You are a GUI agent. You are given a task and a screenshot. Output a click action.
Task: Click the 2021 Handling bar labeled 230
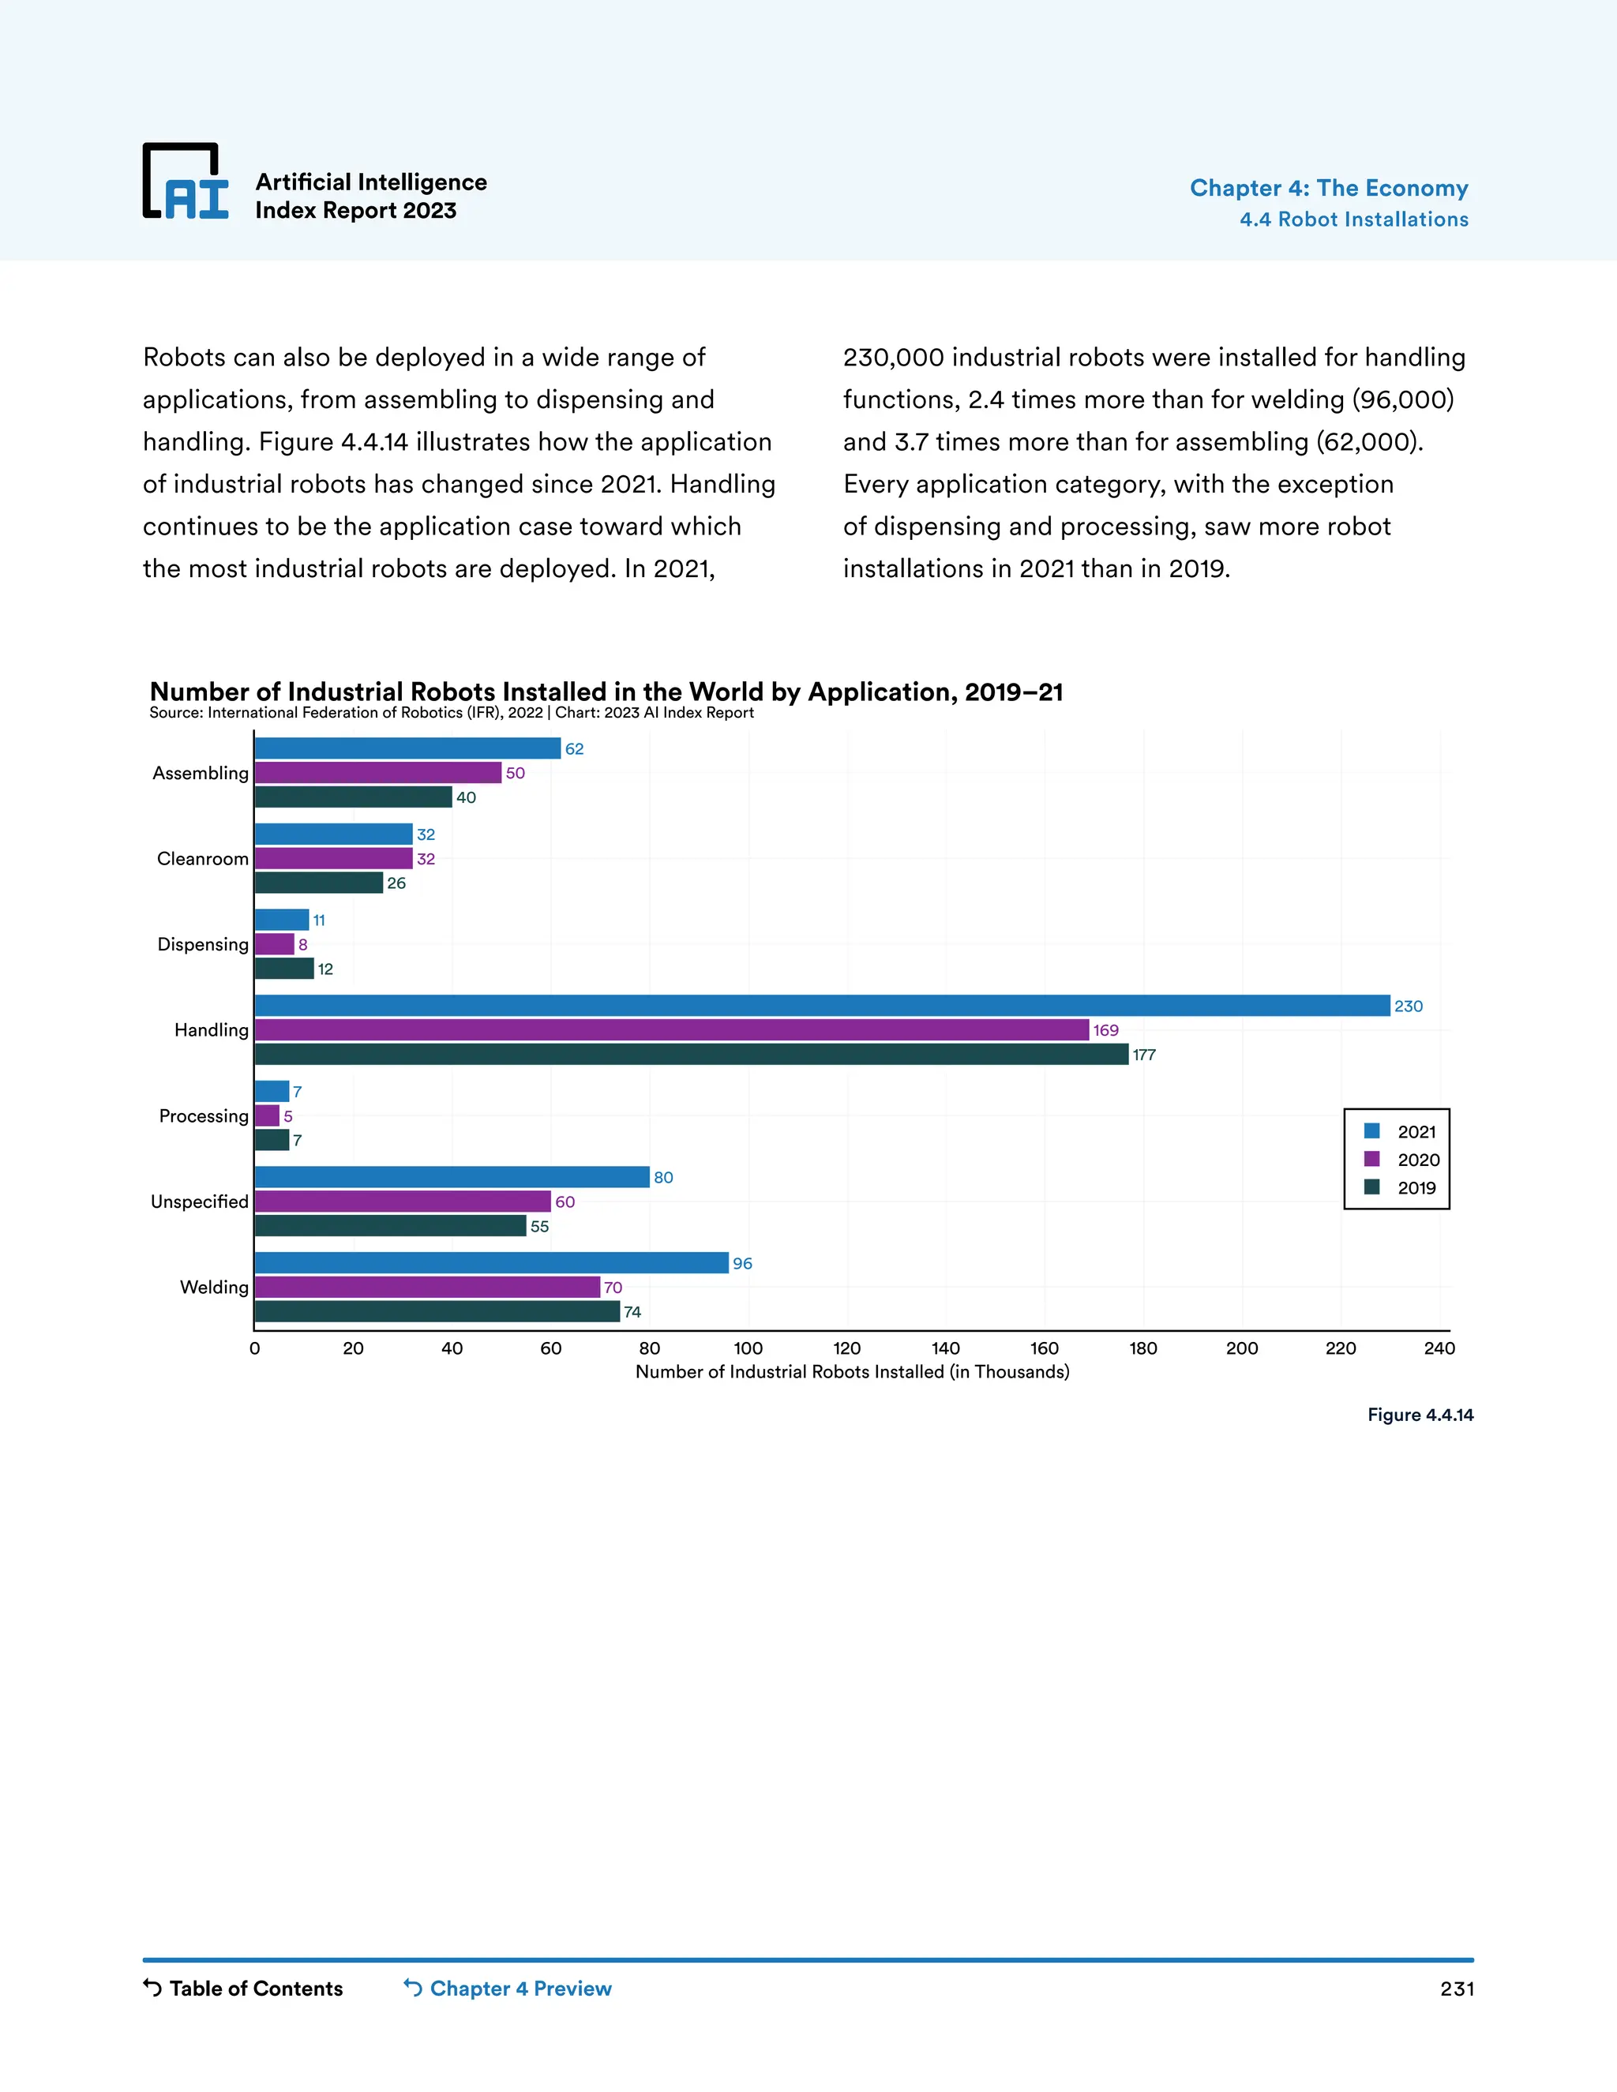click(822, 1005)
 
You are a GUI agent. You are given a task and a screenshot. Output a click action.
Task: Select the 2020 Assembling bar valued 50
click(377, 772)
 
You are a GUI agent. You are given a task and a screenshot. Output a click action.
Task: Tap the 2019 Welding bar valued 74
click(437, 1311)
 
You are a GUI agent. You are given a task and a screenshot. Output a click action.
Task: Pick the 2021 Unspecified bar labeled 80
click(452, 1176)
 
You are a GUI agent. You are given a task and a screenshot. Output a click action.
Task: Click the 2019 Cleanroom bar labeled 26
click(319, 883)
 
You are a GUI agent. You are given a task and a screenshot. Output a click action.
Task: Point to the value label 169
click(1105, 1029)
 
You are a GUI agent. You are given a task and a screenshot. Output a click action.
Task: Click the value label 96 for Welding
click(742, 1263)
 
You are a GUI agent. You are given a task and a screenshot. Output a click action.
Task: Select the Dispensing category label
click(202, 943)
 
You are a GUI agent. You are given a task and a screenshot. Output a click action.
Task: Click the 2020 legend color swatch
click(1371, 1159)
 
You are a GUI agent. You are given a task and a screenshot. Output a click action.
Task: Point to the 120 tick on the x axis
click(847, 1348)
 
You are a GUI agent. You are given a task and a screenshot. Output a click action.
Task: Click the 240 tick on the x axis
click(1439, 1348)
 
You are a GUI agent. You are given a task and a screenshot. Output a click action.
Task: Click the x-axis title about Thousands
click(852, 1372)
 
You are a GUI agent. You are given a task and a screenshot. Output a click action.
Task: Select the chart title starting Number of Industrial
click(606, 692)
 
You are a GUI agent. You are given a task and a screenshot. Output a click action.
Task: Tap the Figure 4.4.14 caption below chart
click(1420, 1415)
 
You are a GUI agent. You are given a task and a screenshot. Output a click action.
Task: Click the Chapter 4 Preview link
click(508, 1988)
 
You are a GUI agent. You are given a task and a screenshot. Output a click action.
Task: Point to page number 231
click(1456, 1989)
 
